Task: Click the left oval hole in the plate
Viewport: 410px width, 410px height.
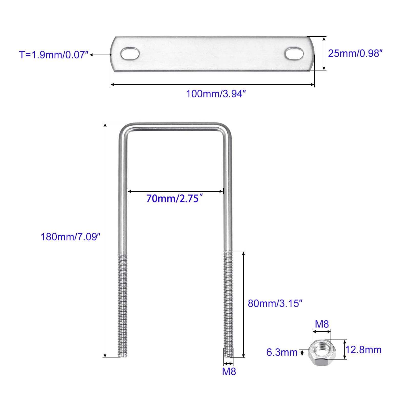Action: click(130, 54)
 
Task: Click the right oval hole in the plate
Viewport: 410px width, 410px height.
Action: click(294, 54)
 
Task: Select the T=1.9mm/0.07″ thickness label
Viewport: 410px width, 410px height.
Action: click(54, 55)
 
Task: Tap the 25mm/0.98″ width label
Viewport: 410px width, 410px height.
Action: click(355, 53)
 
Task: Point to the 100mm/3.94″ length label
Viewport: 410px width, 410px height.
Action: click(216, 94)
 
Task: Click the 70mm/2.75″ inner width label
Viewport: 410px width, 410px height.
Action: click(175, 198)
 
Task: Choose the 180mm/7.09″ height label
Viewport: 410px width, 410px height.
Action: click(70, 237)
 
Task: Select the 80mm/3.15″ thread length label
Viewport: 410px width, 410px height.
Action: click(275, 303)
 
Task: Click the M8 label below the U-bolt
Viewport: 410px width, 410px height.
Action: click(229, 372)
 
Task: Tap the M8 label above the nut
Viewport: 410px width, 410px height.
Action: click(322, 324)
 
